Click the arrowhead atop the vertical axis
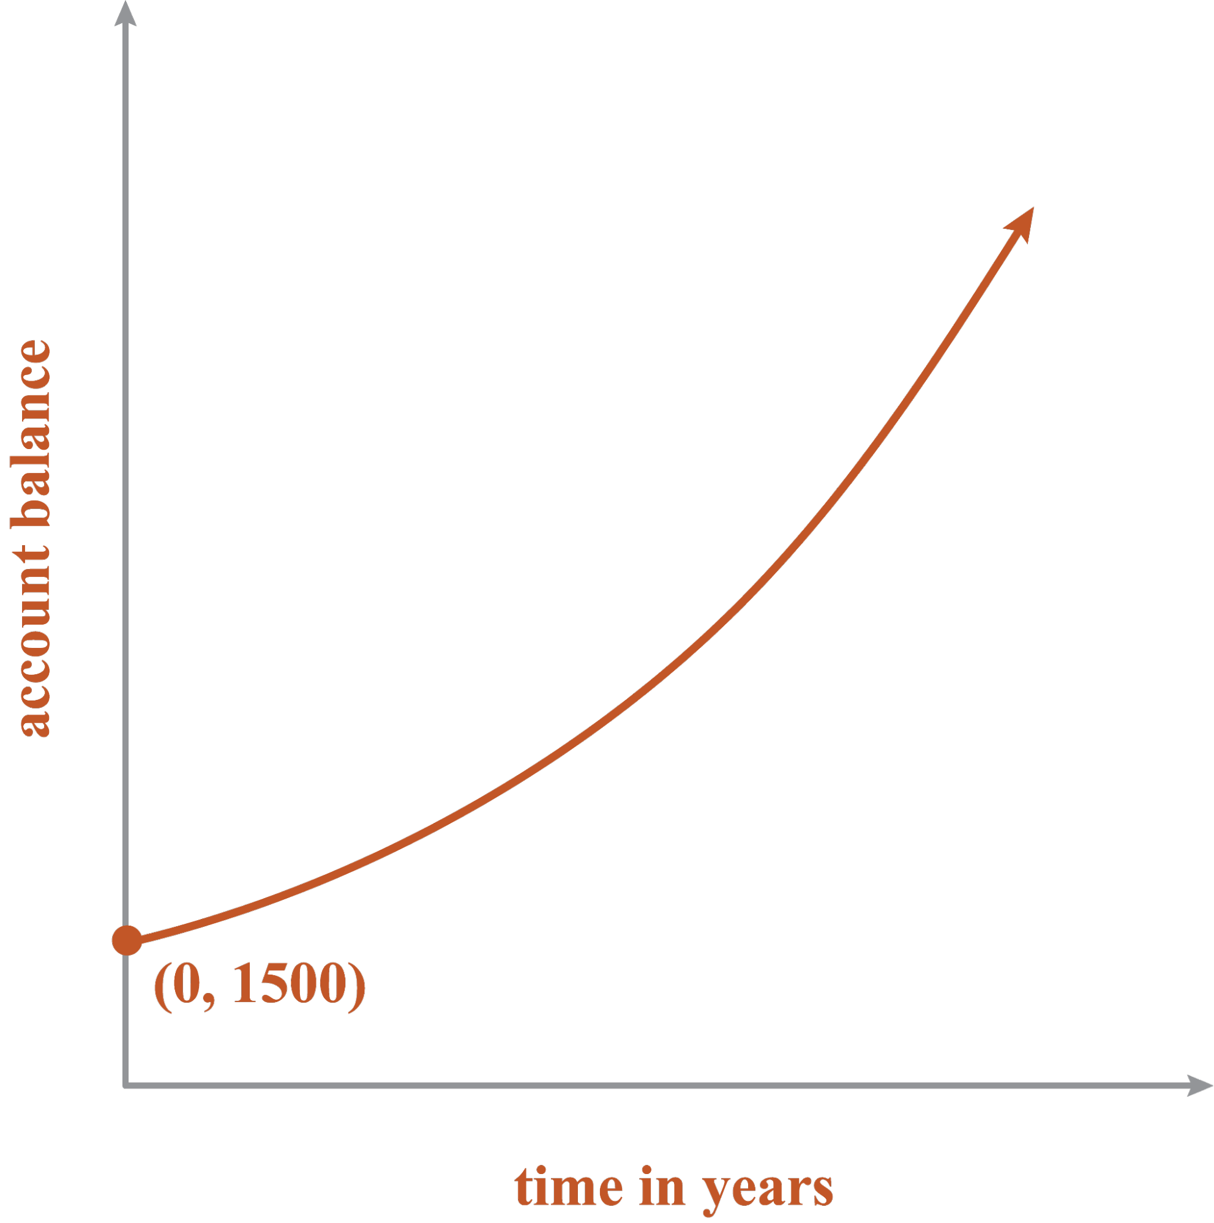126,13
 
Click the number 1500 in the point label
291,985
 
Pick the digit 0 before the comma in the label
187,985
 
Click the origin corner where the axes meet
126,1087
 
